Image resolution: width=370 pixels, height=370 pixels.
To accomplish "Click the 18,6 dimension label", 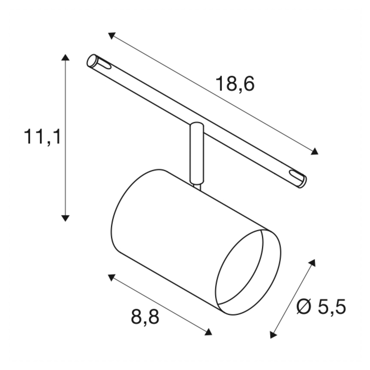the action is click(235, 84).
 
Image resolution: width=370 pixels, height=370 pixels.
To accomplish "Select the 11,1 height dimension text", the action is click(42, 137).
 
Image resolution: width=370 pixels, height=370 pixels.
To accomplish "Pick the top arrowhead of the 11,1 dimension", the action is click(65, 57).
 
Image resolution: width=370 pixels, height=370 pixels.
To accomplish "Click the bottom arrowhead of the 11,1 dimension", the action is click(65, 218).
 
